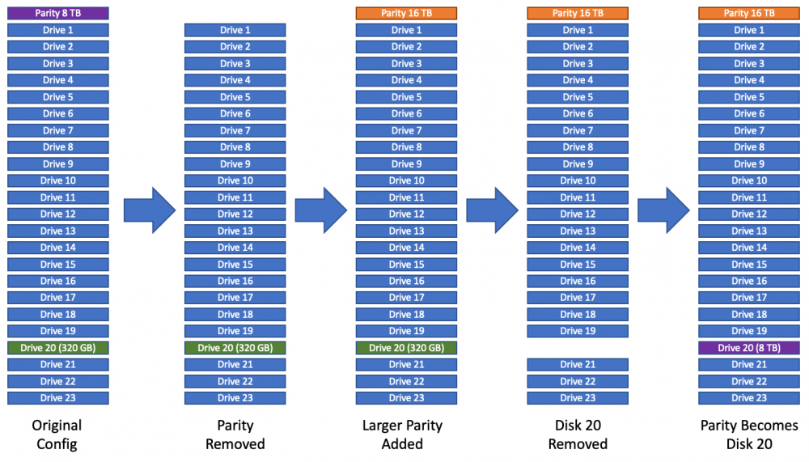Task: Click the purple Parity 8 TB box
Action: click(x=57, y=13)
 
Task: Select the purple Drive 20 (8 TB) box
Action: click(x=749, y=347)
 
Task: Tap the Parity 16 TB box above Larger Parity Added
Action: click(x=407, y=13)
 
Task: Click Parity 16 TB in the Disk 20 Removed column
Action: click(x=578, y=13)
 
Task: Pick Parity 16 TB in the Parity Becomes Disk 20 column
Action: click(x=749, y=13)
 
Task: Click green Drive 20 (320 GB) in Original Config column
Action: click(x=57, y=347)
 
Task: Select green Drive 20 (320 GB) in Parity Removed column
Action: click(x=235, y=347)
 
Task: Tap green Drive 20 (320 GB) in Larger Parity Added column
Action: click(x=407, y=347)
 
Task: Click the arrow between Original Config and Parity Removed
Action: click(x=150, y=210)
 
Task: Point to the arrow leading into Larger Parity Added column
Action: click(x=321, y=210)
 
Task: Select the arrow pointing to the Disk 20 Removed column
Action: click(x=492, y=210)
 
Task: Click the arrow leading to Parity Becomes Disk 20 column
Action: click(x=663, y=210)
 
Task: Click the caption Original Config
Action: click(x=57, y=434)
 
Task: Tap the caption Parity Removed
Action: click(x=235, y=434)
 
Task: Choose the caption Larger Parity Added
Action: click(x=402, y=434)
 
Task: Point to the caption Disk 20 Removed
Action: click(x=578, y=434)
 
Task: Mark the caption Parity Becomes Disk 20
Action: click(x=749, y=434)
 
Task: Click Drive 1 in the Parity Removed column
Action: click(x=235, y=30)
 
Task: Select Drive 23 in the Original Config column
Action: click(x=57, y=397)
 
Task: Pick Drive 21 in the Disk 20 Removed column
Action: click(x=578, y=364)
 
